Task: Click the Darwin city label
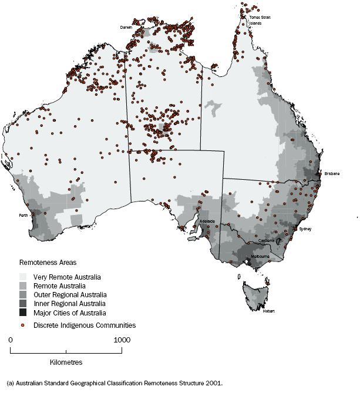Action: pyautogui.click(x=126, y=27)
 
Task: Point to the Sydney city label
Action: pyautogui.click(x=305, y=229)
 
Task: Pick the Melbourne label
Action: pyautogui.click(x=260, y=257)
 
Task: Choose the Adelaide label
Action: pyautogui.click(x=207, y=221)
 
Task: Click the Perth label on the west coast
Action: pyautogui.click(x=23, y=216)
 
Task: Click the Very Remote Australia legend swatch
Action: pyautogui.click(x=23, y=277)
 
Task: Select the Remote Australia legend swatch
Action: pyautogui.click(x=23, y=285)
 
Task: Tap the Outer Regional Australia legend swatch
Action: pyautogui.click(x=23, y=294)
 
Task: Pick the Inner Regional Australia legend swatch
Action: pyautogui.click(x=23, y=304)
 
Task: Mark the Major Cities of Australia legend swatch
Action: pyautogui.click(x=23, y=313)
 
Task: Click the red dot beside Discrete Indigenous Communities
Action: pyautogui.click(x=23, y=325)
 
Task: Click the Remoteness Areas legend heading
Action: pyautogui.click(x=46, y=264)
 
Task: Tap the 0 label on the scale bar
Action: pyautogui.click(x=11, y=340)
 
